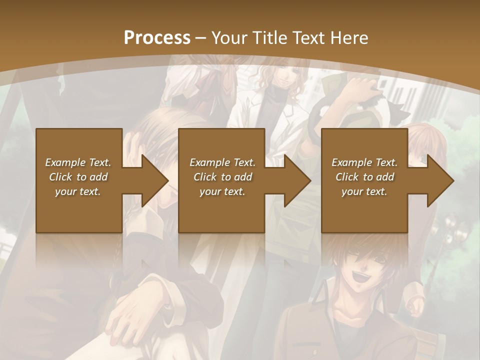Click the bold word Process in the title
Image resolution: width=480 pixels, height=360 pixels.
click(157, 37)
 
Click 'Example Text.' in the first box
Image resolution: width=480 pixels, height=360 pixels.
click(78, 162)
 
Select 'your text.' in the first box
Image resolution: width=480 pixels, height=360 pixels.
click(78, 191)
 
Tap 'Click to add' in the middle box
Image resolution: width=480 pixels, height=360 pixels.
click(222, 176)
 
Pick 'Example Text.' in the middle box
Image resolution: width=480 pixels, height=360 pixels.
click(222, 162)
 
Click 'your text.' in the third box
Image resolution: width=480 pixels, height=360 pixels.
click(364, 191)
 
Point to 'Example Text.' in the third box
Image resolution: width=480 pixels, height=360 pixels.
click(364, 162)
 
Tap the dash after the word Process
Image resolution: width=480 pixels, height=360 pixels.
click(201, 37)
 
